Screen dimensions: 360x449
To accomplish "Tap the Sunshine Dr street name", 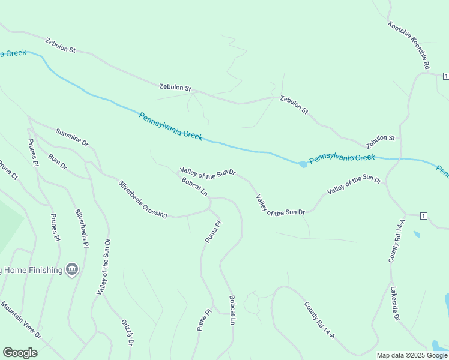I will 72,137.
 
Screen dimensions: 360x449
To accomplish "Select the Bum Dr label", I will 58,161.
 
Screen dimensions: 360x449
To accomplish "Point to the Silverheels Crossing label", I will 143,199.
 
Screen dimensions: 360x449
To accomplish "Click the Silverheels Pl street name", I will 82,228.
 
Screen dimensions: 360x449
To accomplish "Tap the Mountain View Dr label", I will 20,320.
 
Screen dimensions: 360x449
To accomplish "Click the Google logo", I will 20,353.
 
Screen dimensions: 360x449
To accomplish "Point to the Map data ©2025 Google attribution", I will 412,355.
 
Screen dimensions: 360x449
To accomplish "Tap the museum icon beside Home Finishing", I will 72,269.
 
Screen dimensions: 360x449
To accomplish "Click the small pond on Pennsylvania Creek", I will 303,164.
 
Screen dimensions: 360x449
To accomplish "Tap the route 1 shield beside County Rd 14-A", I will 423,215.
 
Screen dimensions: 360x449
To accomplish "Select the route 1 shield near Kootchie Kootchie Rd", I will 445,76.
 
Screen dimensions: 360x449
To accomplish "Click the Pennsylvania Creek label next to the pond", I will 342,158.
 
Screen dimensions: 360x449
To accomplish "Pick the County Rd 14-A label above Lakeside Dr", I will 397,241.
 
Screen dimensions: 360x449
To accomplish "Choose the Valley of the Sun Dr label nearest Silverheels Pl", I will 103,266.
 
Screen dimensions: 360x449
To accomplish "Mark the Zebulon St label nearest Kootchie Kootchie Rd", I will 381,142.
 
